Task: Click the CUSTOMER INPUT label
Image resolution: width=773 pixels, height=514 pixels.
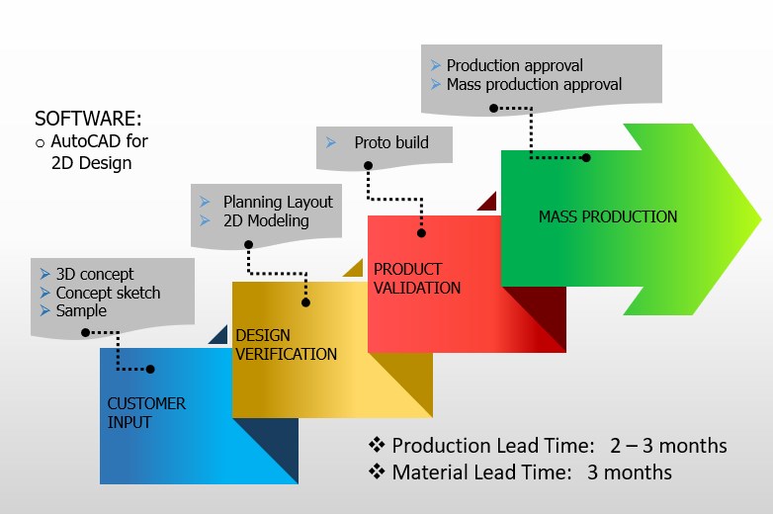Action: pos(146,412)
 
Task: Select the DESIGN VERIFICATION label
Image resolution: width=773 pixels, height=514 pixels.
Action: pos(286,345)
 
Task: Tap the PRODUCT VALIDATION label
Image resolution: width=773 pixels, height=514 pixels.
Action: pos(416,278)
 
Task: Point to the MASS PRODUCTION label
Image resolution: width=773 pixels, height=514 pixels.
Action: pos(608,216)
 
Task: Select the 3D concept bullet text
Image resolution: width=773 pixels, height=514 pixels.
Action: pos(95,274)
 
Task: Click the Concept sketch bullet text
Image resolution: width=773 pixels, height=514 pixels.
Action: pos(108,293)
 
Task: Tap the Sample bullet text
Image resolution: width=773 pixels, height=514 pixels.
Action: pos(81,310)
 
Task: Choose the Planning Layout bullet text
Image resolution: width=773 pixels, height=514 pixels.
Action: pos(278,202)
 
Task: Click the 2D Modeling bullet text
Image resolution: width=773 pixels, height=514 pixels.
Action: pos(265,220)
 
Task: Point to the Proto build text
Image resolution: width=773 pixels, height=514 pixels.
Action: pos(391,142)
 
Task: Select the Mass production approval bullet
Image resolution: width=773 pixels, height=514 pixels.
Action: pos(534,84)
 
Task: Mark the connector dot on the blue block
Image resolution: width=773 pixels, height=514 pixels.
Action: pos(151,369)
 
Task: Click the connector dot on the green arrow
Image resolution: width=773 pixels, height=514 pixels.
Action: pos(586,157)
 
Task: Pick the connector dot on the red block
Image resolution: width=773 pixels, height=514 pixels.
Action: pos(422,234)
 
